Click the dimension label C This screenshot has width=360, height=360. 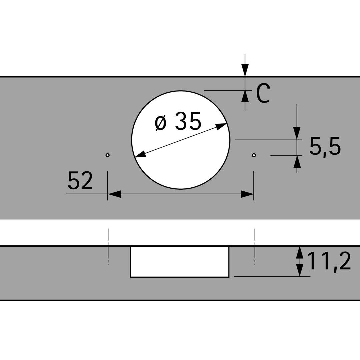pos(263,93)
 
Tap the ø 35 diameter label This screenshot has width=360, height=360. pos(178,121)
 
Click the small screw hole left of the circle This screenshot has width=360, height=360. pos(107,155)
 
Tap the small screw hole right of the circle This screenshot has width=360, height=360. pos(254,155)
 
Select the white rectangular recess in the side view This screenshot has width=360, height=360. pos(180,262)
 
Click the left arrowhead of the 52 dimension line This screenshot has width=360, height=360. pos(114,194)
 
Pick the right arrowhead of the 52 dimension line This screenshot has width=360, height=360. pos(247,194)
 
